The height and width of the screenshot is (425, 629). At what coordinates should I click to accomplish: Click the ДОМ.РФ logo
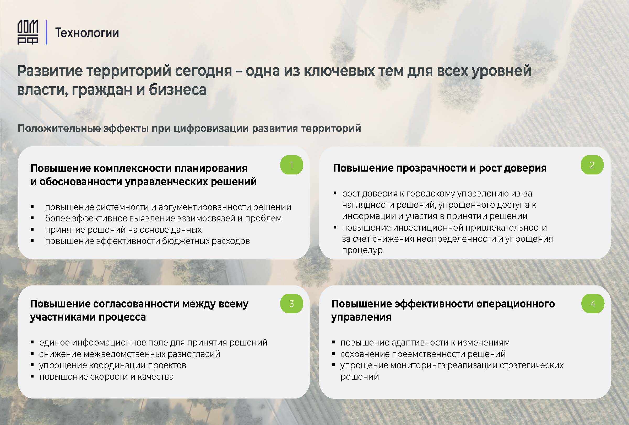click(28, 33)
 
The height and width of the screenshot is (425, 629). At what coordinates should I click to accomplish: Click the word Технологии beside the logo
click(87, 33)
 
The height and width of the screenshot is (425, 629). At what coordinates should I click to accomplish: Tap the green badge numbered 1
click(291, 165)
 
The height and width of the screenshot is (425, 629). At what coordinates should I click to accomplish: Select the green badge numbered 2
click(592, 165)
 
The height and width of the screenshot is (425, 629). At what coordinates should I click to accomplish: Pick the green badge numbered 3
click(291, 304)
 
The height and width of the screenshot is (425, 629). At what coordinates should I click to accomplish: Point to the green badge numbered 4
click(593, 304)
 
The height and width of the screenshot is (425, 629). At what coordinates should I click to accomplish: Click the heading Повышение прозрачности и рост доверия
click(440, 168)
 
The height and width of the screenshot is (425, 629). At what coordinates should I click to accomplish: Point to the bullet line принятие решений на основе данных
click(123, 230)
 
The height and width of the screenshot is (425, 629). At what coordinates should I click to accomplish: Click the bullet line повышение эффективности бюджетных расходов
click(148, 241)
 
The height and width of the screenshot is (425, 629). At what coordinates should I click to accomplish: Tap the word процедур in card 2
click(362, 250)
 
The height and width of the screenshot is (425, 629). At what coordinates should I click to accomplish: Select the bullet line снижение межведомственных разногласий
click(130, 354)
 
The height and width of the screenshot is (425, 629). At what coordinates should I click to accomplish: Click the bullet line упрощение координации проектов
click(113, 365)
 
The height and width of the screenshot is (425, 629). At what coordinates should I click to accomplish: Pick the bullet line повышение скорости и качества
click(106, 377)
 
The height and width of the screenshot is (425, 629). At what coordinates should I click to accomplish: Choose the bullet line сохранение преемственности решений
click(423, 354)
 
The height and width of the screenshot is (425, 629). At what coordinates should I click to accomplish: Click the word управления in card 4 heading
click(361, 317)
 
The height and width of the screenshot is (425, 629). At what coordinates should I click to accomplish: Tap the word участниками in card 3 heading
click(63, 317)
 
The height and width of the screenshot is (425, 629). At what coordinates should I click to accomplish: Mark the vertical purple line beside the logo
click(47, 33)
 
